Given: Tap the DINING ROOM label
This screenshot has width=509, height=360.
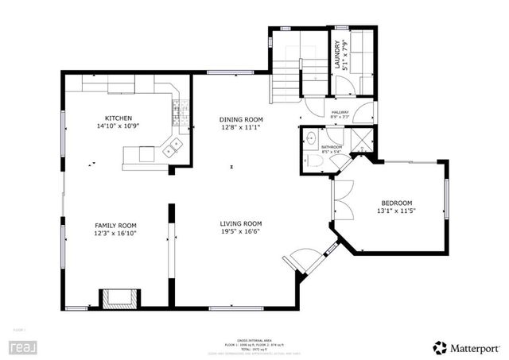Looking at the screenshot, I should point(240,118).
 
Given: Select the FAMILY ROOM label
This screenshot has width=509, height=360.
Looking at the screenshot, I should point(116,225).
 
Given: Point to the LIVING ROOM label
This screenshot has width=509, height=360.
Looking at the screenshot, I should point(241,224).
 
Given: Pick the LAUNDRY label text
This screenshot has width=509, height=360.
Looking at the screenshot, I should point(338,56).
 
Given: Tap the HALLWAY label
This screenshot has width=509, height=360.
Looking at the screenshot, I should point(341,113).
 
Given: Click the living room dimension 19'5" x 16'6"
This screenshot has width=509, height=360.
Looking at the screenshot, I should point(241,233).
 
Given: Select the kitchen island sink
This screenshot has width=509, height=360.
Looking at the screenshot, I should point(173,146).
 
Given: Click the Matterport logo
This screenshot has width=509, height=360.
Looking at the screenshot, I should point(465,347).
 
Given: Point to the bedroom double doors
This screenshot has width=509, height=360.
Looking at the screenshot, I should point(340,199).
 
